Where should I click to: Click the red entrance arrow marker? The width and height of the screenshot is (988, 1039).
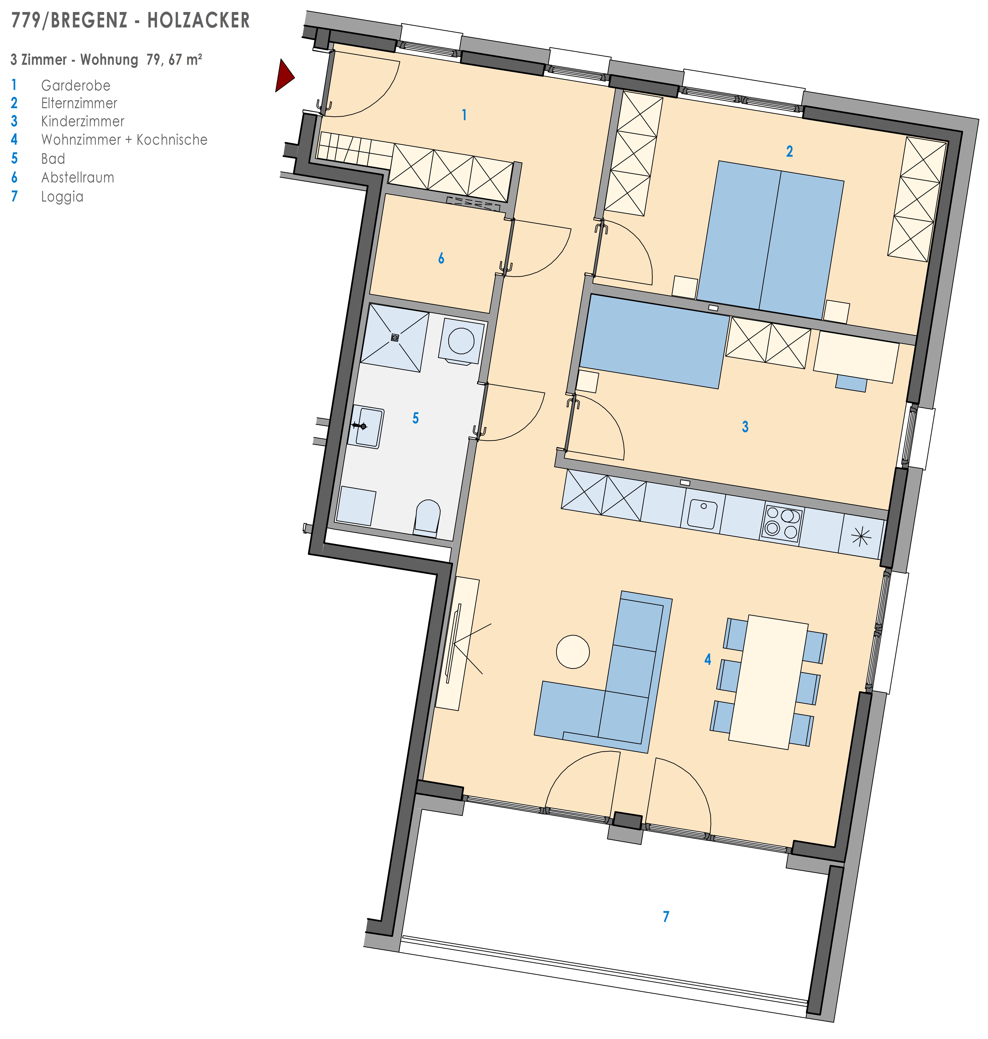point(283,76)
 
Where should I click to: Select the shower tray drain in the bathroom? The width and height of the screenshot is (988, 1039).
point(394,338)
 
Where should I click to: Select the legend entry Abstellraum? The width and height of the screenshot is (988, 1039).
point(77,178)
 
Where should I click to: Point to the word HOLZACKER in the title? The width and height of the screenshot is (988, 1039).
point(199,21)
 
